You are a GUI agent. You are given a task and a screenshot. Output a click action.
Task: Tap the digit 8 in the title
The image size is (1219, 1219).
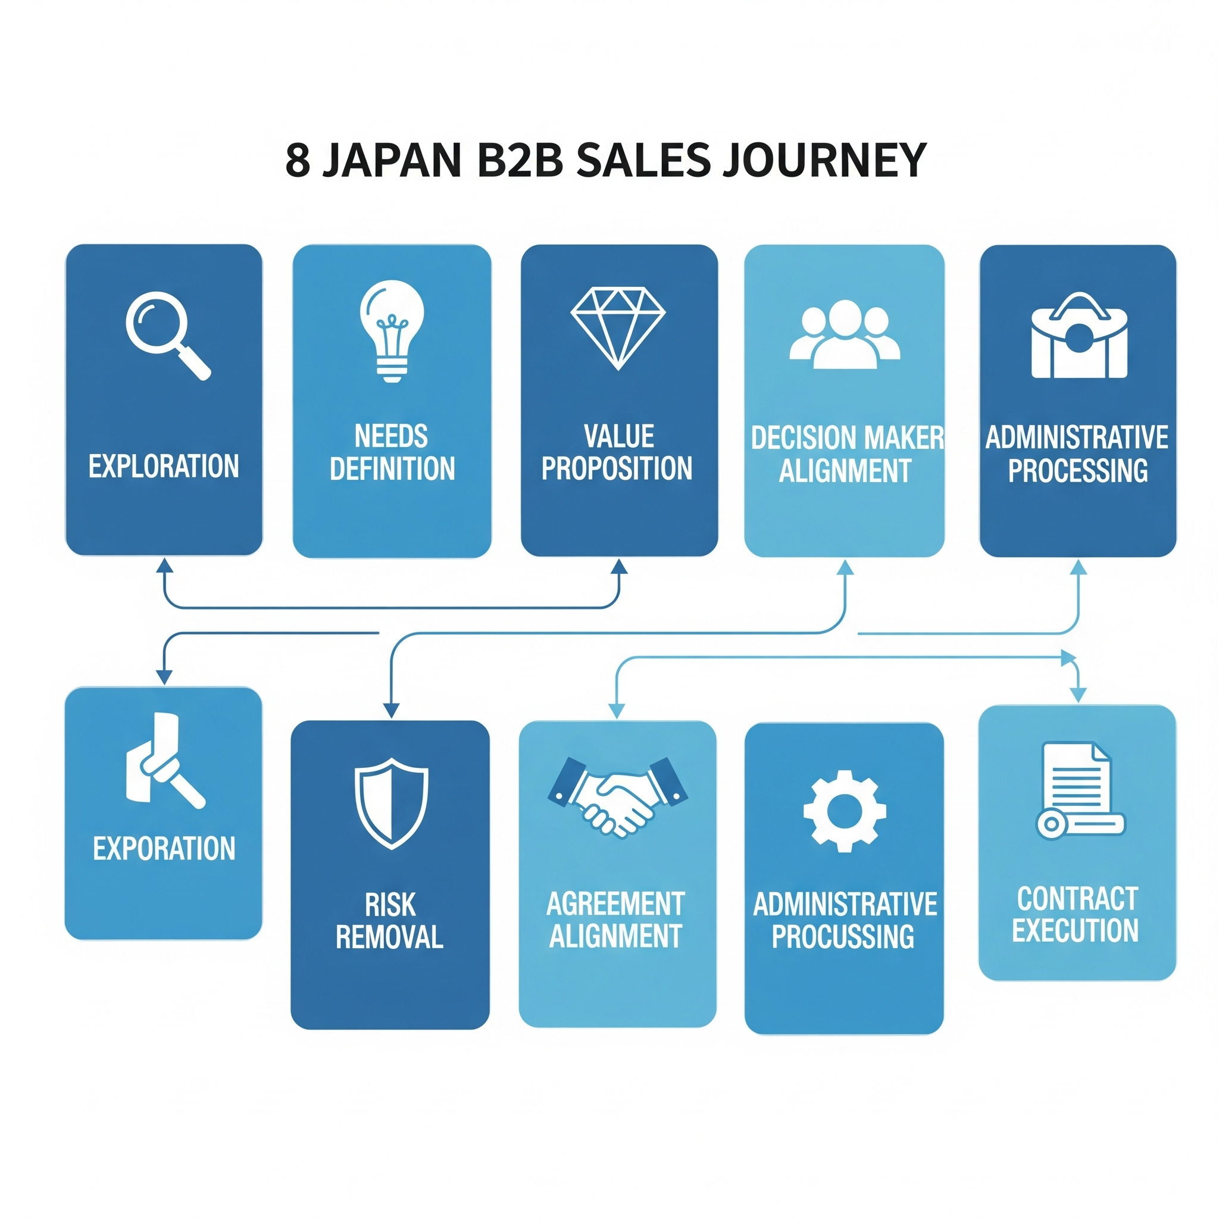point(298,160)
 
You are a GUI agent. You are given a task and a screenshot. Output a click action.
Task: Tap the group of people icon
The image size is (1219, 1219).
point(844,335)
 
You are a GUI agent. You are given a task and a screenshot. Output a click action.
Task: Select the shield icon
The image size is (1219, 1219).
point(391,803)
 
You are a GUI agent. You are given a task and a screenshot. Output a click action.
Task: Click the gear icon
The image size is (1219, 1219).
point(844,811)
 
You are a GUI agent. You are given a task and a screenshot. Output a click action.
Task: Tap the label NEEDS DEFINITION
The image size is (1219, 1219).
point(392,452)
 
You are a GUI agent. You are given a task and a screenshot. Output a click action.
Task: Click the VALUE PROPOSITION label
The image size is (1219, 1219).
point(617,452)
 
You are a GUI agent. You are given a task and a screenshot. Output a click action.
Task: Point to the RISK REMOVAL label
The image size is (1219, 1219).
point(390,921)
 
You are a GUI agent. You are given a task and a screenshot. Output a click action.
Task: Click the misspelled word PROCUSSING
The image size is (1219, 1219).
point(843,937)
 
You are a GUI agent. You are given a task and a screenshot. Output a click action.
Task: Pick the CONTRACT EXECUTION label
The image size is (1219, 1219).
point(1076,914)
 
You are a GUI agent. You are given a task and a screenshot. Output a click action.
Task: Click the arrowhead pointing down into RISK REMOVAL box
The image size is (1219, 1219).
point(391,711)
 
